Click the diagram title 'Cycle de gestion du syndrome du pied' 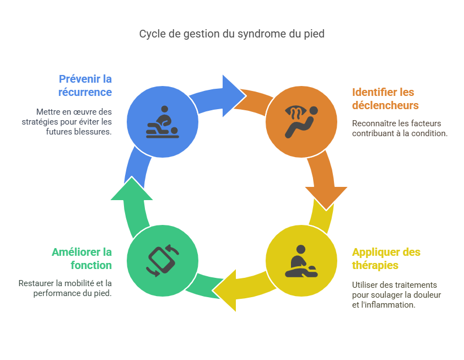(231, 34)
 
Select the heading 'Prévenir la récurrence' (85, 85)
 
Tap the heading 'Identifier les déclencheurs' (385, 99)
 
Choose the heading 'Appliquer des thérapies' (386, 259)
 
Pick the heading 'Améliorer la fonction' (82, 259)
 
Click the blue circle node (163, 121)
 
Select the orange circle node (301, 121)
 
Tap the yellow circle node (301, 260)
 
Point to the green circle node (163, 260)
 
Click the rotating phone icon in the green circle (163, 260)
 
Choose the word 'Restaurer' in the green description (37, 283)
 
